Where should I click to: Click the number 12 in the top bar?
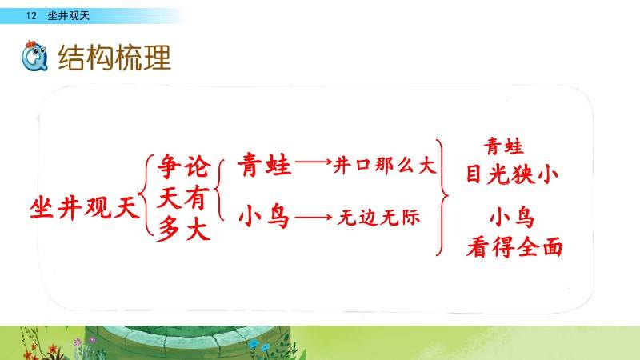31,16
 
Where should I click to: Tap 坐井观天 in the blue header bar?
68,16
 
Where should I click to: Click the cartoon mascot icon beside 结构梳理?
34,56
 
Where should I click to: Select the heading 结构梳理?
114,57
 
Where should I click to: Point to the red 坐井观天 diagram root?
85,207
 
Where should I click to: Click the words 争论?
184,166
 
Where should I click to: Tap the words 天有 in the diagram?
183,198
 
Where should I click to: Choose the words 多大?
184,228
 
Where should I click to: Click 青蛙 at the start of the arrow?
265,165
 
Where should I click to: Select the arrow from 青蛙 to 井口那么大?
314,162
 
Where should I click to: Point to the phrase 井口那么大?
385,166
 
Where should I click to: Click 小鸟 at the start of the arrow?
264,216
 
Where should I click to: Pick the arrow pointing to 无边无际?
314,218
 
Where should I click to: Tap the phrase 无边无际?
378,217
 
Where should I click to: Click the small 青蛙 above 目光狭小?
504,146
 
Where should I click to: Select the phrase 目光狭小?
512,174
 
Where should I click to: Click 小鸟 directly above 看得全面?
512,218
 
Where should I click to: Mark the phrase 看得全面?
514,247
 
